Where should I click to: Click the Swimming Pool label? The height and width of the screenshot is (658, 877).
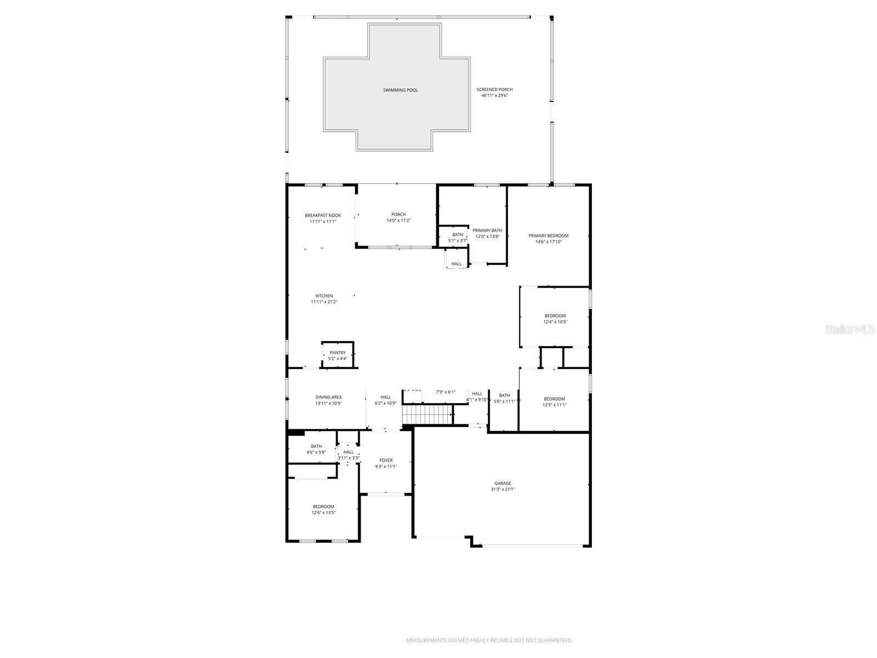[x=400, y=90]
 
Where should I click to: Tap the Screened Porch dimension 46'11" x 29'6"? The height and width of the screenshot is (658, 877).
[x=494, y=95]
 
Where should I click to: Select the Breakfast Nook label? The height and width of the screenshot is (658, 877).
[x=323, y=215]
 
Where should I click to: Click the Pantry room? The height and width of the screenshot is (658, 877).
[x=338, y=355]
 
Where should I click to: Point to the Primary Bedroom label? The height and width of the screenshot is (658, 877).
[x=548, y=236]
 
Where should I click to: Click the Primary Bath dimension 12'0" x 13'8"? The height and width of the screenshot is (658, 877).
[x=487, y=236]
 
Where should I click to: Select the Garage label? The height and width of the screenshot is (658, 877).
[x=502, y=484]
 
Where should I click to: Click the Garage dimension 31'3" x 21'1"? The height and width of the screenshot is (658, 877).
[x=502, y=490]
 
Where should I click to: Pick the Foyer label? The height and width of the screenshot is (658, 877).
[x=386, y=461]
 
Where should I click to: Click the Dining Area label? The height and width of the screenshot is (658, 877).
[x=328, y=398]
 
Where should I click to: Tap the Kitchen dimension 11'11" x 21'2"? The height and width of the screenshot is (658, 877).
[x=324, y=302]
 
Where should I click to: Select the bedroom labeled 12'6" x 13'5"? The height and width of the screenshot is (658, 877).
[x=323, y=509]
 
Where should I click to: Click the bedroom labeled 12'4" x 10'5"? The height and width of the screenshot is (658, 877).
[x=555, y=319]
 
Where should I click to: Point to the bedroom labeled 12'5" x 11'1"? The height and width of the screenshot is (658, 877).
[x=554, y=401]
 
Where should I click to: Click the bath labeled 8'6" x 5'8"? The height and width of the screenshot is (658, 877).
[x=316, y=449]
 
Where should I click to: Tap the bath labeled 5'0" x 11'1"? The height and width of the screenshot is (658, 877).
[x=504, y=398]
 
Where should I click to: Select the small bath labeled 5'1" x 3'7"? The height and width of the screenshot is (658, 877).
[x=458, y=237]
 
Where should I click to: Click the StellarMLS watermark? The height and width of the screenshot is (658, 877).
[x=849, y=329]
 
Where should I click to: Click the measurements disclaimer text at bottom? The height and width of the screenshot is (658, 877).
[x=489, y=640]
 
